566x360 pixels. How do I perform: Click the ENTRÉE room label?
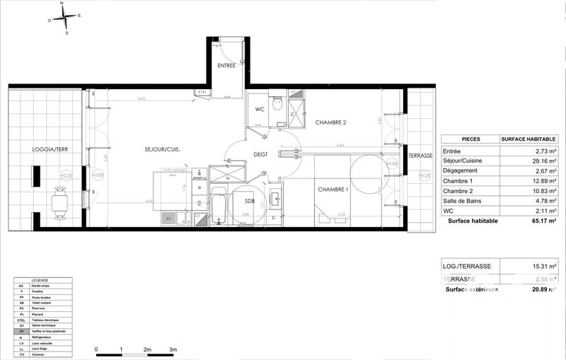pyautogui.click(x=226, y=66)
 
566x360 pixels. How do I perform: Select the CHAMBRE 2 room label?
pyautogui.click(x=330, y=122)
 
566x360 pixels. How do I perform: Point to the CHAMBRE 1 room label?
pyautogui.click(x=333, y=189)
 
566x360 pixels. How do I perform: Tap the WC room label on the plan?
pyautogui.click(x=260, y=109)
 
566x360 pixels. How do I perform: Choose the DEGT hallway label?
pyautogui.click(x=261, y=154)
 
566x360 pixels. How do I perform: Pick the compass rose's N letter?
pyautogui.click(x=62, y=4)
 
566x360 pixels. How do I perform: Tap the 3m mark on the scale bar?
pyautogui.click(x=173, y=349)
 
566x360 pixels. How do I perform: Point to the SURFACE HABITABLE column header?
pyautogui.click(x=529, y=139)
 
